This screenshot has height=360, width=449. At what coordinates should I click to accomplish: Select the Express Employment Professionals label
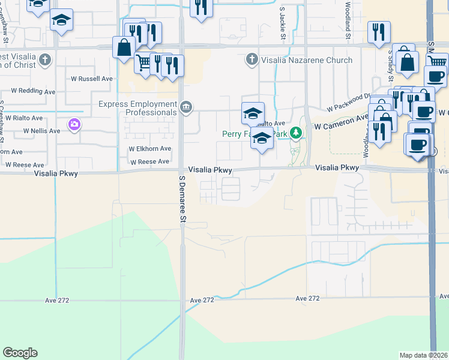[x=137, y=107]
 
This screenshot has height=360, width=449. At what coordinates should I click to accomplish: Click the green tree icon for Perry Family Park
[x=295, y=133]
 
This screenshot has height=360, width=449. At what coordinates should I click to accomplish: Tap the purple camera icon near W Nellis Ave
[x=74, y=124]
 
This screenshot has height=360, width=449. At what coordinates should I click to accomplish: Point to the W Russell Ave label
[x=92, y=79]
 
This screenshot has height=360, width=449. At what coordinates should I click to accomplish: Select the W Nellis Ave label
[x=41, y=131]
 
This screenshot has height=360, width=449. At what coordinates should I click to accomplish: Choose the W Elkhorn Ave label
[x=150, y=149]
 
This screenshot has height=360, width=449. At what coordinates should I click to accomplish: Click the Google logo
[x=20, y=353]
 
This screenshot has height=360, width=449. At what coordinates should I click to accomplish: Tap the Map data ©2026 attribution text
[x=423, y=355]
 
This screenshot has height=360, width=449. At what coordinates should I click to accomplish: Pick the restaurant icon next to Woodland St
[x=378, y=33]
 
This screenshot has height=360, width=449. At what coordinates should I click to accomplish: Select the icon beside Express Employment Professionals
[x=186, y=108]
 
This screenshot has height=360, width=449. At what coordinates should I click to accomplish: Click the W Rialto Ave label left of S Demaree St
[x=25, y=118]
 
